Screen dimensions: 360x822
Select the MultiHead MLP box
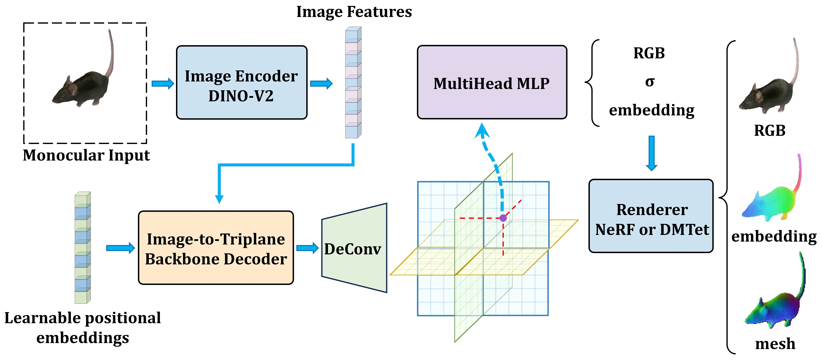click(492, 82)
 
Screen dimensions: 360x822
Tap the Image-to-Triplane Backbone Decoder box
click(216, 248)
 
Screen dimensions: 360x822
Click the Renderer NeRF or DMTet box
click(651, 216)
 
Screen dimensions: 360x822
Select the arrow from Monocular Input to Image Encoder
click(163, 84)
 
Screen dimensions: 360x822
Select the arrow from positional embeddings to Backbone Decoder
click(120, 248)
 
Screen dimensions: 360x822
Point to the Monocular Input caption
click(86, 155)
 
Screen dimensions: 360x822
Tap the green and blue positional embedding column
click(83, 248)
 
